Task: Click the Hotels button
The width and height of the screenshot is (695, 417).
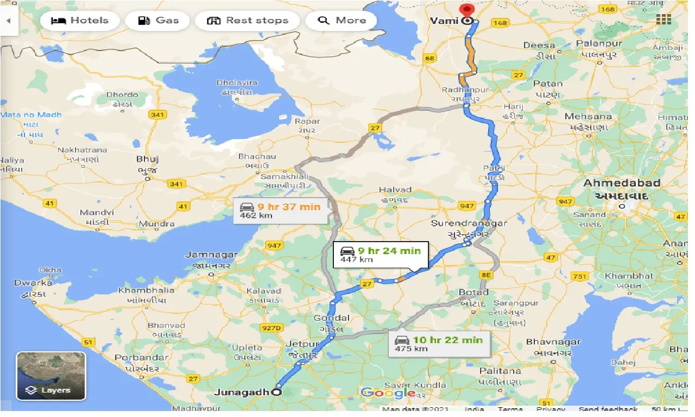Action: (x=79, y=21)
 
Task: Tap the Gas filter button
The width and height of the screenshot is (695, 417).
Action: (x=158, y=21)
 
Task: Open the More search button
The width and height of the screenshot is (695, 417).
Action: (x=342, y=21)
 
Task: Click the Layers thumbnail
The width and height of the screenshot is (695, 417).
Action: (x=50, y=376)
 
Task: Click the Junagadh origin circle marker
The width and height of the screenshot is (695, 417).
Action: (x=277, y=393)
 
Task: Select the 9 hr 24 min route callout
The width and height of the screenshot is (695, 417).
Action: (x=381, y=254)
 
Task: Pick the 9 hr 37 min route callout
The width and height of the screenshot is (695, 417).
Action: (x=281, y=210)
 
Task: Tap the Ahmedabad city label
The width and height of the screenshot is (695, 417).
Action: (x=622, y=184)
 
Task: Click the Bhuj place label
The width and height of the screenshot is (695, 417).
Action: (x=148, y=159)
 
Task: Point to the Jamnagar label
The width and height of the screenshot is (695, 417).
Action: (x=211, y=255)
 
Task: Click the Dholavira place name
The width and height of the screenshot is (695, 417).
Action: (x=237, y=83)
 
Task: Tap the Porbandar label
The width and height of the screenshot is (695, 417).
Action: (x=142, y=358)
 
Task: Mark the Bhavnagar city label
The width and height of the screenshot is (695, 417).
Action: (x=553, y=342)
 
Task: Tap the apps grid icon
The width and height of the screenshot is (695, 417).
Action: (x=663, y=20)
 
